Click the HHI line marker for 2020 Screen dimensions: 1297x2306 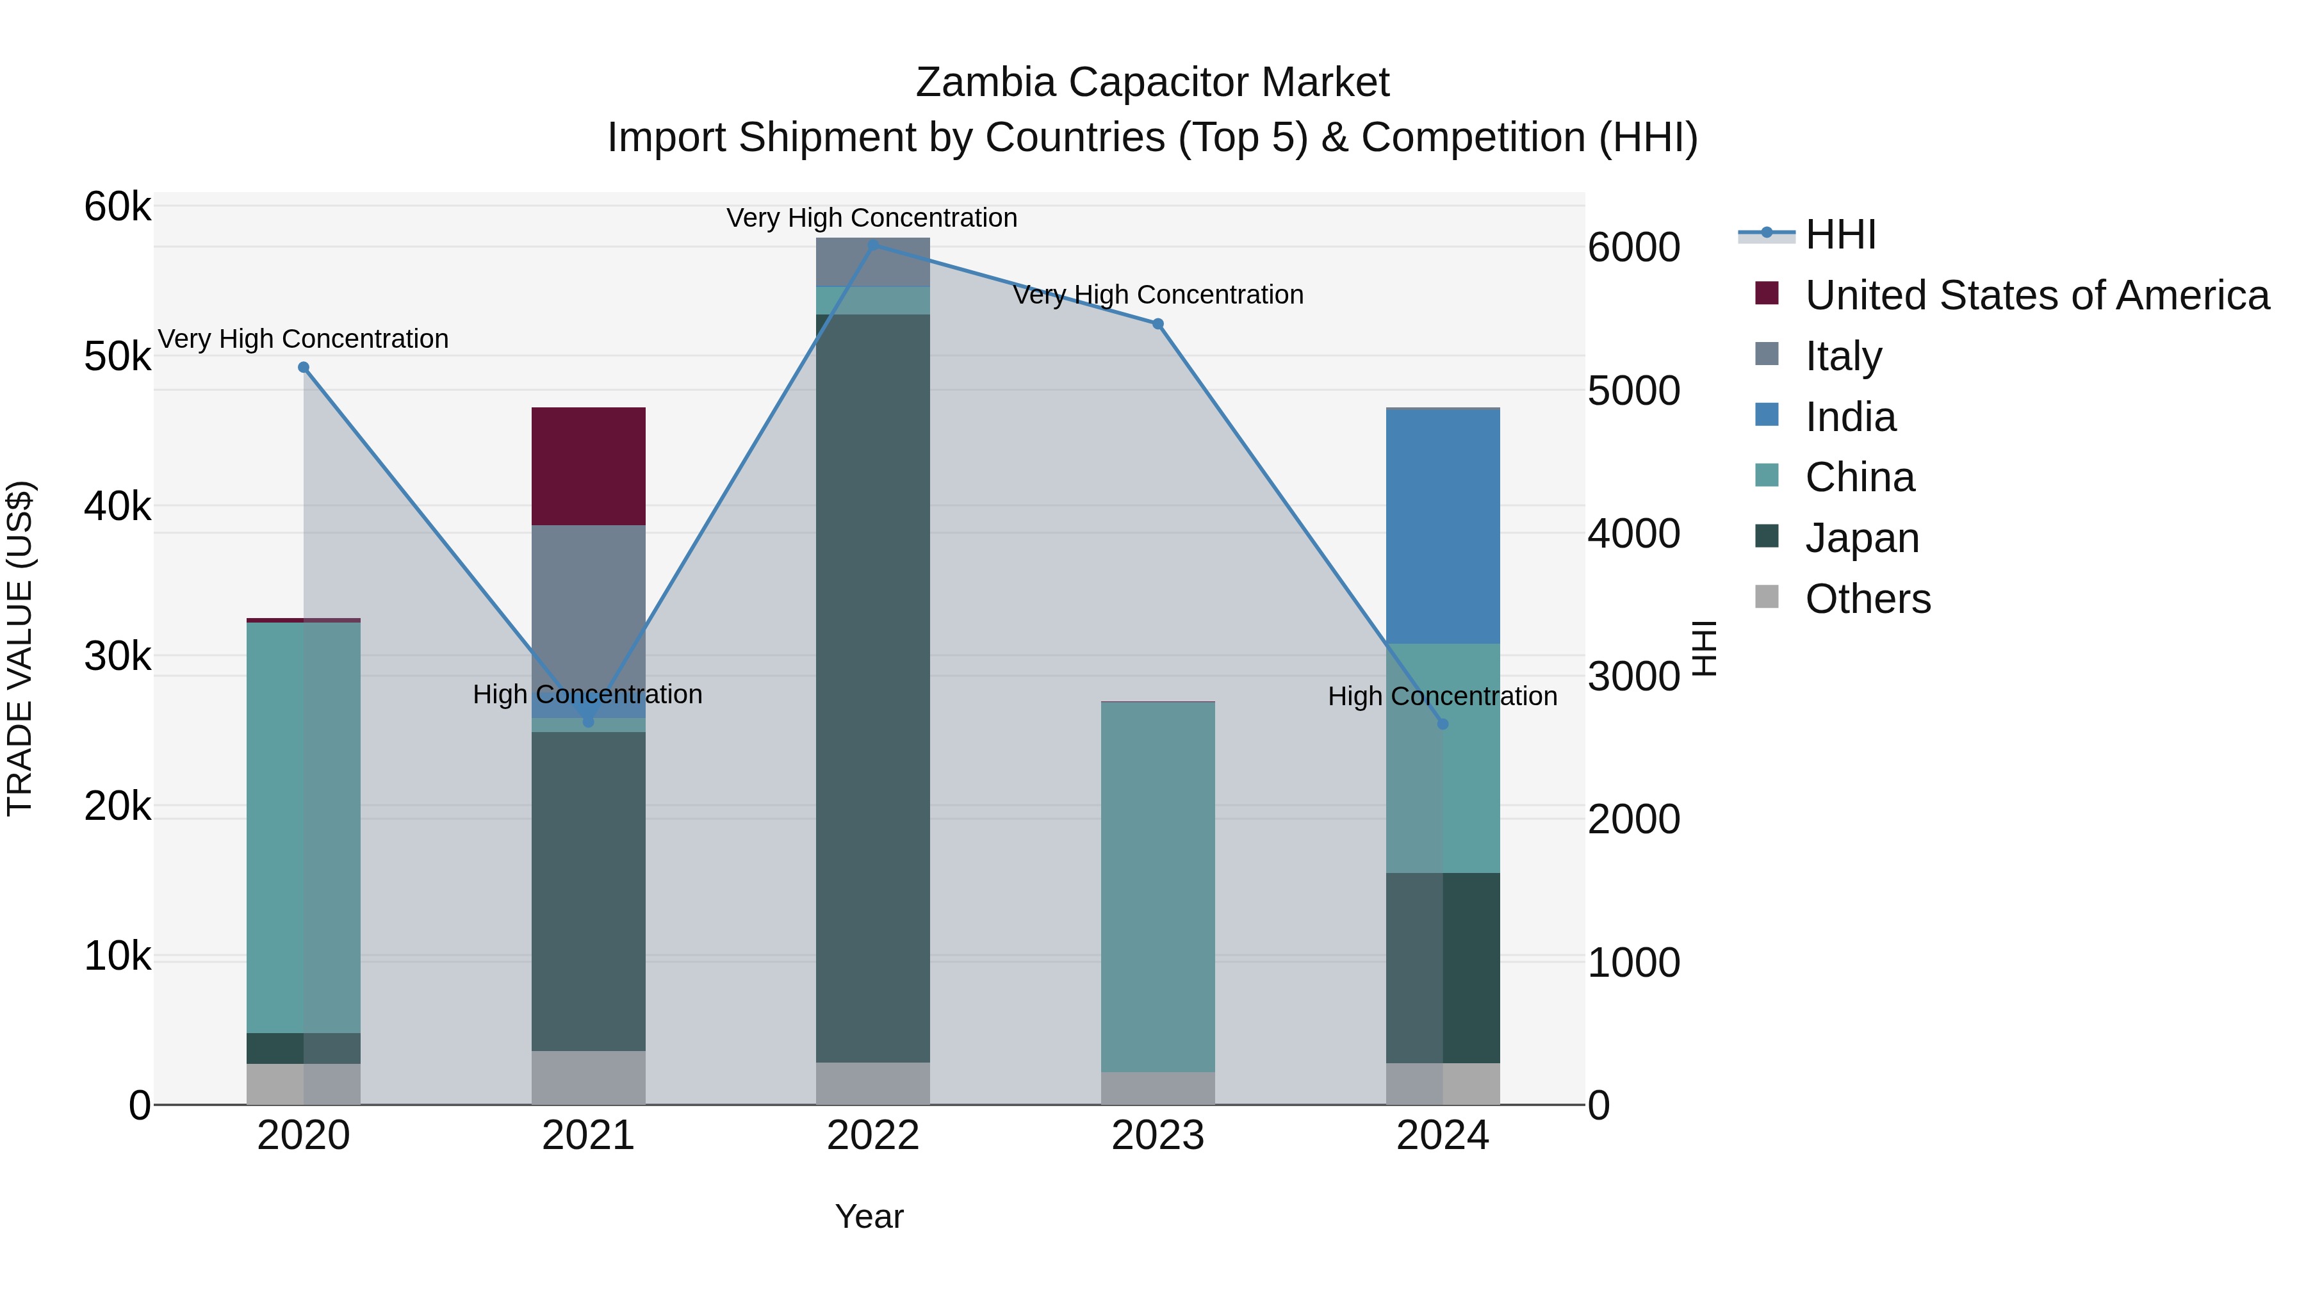coord(304,367)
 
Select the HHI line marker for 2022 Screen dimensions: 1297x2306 coord(874,245)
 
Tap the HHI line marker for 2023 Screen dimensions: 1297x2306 coord(1157,324)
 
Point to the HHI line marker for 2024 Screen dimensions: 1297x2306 coord(1442,723)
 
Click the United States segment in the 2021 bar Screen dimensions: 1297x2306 coord(588,466)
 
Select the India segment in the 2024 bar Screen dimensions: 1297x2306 coord(1442,526)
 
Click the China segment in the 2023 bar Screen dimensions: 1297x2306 coord(1157,886)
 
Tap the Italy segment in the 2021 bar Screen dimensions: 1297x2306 coord(588,608)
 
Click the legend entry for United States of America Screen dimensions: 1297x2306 coord(2036,295)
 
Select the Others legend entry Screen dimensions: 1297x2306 coord(1867,598)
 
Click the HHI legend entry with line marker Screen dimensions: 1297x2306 coord(1840,234)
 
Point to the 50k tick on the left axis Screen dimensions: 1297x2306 coord(117,356)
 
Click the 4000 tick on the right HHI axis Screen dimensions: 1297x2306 coord(1633,534)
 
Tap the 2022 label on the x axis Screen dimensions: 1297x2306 coord(873,1136)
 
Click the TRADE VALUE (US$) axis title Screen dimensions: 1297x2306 coord(20,648)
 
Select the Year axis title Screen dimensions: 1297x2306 coord(869,1216)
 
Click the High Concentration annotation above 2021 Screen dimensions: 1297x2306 coord(587,694)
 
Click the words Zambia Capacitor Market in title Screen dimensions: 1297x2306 coord(1152,83)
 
